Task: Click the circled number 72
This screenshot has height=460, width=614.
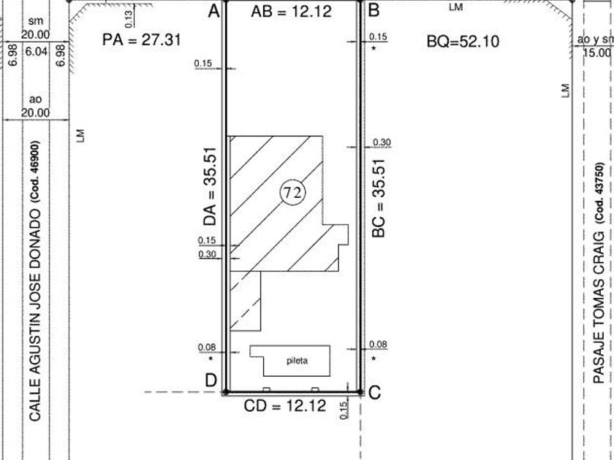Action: [x=293, y=193]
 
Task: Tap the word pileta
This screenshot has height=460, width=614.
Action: [x=297, y=361]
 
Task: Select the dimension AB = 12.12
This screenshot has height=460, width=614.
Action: [x=292, y=12]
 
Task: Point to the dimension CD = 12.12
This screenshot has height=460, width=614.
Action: [x=284, y=406]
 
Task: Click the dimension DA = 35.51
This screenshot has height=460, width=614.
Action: [x=210, y=186]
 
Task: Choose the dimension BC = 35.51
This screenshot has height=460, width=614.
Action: [x=379, y=199]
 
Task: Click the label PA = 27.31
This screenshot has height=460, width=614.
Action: [x=141, y=39]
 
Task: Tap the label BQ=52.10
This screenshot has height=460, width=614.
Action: [x=463, y=41]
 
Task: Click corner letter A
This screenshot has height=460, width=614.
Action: [x=213, y=11]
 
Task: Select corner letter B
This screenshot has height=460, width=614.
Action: [x=374, y=10]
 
